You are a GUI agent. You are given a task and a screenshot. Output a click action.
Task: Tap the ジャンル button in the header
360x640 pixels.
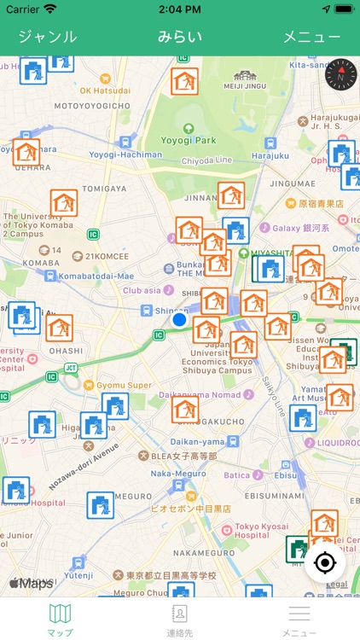(47, 37)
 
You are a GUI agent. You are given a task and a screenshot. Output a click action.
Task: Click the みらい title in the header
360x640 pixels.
(180, 37)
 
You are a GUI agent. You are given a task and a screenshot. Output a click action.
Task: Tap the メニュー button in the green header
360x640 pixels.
(311, 37)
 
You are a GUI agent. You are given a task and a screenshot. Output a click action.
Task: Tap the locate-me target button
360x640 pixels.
(324, 563)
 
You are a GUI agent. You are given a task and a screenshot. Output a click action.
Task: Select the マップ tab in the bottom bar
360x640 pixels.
(60, 619)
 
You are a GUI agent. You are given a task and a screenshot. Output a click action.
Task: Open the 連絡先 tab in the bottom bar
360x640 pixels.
(180, 619)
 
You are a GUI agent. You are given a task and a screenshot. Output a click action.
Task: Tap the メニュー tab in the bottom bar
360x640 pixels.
(299, 619)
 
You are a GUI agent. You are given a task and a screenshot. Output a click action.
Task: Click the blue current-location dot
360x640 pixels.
(179, 320)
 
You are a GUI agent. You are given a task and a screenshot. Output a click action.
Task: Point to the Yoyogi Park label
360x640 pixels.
(189, 139)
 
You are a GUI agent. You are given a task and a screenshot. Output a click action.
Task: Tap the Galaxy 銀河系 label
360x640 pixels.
(299, 228)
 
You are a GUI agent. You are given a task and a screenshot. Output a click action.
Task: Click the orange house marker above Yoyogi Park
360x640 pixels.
(184, 81)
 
